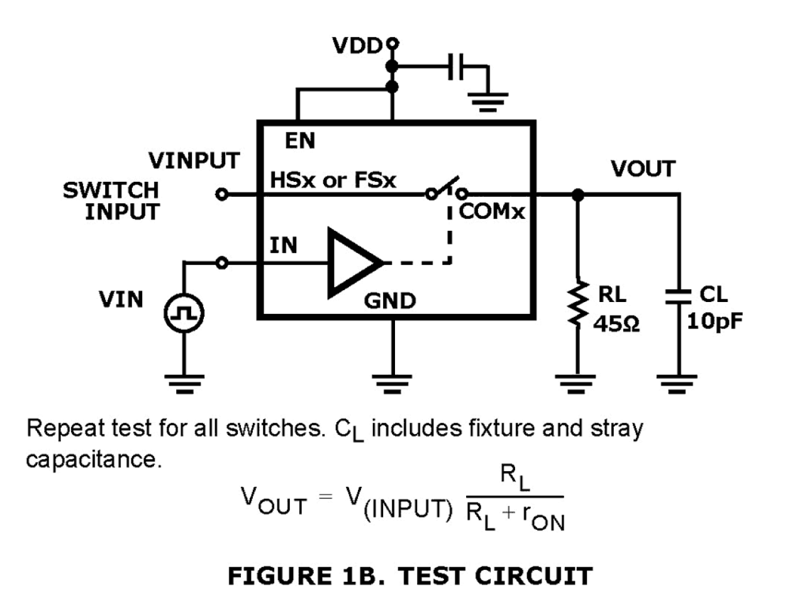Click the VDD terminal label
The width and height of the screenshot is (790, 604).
(357, 46)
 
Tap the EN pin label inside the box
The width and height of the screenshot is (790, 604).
(300, 141)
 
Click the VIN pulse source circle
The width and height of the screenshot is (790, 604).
(184, 313)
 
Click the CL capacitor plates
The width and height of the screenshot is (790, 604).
(678, 296)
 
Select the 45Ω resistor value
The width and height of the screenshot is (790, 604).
(616, 324)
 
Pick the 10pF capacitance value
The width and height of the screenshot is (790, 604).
(715, 322)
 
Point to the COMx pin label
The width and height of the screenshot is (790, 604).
(491, 211)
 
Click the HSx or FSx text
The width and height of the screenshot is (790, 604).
(333, 181)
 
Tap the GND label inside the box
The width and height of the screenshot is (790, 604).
(390, 301)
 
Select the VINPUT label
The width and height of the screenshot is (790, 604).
(194, 160)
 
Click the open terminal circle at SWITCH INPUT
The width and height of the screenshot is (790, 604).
(221, 194)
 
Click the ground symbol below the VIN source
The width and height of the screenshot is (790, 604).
(184, 382)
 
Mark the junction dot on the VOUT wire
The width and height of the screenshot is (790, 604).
(577, 195)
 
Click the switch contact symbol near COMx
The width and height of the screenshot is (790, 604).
(446, 189)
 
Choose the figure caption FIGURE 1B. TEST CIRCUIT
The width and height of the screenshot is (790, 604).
(409, 576)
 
